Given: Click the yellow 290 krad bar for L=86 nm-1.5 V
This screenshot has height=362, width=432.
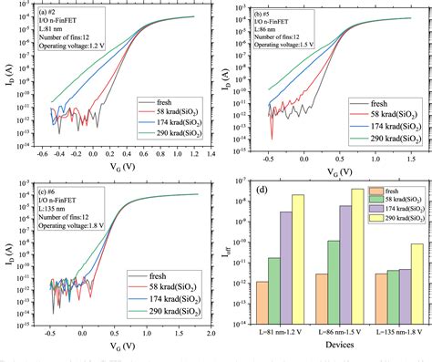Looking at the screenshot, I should pos(356,256).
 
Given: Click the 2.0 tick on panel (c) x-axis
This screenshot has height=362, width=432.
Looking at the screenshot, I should pos(209,335).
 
